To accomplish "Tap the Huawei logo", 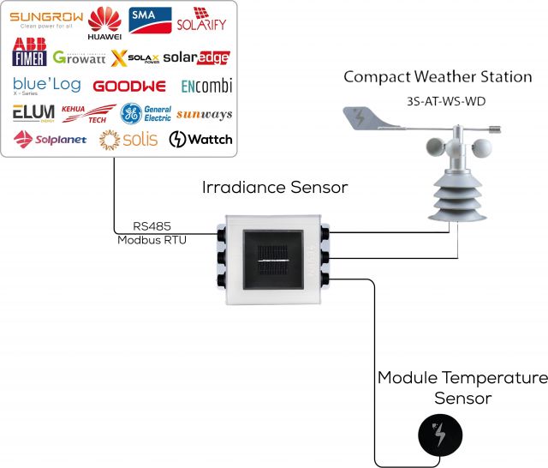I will tap(105, 22).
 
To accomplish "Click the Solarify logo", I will tap(204, 21).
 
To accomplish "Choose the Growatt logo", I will tap(79, 58).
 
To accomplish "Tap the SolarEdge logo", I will tap(197, 57).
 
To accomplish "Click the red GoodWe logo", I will tap(128, 87).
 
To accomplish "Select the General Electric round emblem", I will tap(132, 113).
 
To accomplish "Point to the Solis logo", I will tap(128, 140).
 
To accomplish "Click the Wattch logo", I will tap(200, 139).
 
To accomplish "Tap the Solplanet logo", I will tap(50, 139).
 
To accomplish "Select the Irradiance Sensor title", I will tap(275, 187).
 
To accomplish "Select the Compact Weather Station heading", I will tap(438, 77).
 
